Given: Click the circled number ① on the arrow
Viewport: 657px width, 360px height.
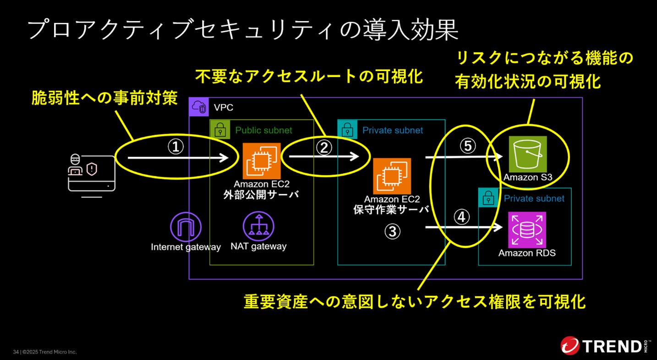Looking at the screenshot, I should coord(175,147).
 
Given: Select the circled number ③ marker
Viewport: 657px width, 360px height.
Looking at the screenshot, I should coord(392,232).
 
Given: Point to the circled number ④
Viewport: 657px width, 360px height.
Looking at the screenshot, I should coord(461,217).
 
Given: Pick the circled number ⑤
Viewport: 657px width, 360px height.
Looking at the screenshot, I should coord(468,146).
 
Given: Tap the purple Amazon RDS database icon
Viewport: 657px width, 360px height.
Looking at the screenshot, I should coord(527,229).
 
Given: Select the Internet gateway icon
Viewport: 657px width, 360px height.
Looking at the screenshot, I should coord(186,227).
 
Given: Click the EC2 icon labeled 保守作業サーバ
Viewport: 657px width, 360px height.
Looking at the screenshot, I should coord(392,176).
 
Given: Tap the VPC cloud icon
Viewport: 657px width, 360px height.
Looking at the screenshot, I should coord(199,107).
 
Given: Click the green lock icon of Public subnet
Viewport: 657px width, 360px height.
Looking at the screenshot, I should coord(220,130).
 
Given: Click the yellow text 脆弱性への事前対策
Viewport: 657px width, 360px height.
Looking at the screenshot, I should coord(104,98).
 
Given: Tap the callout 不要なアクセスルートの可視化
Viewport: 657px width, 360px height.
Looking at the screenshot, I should coord(309,76).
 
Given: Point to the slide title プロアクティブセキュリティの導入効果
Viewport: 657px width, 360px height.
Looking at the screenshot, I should coord(242,30).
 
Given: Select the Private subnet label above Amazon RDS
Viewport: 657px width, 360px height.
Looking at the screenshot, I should coord(534,198).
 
